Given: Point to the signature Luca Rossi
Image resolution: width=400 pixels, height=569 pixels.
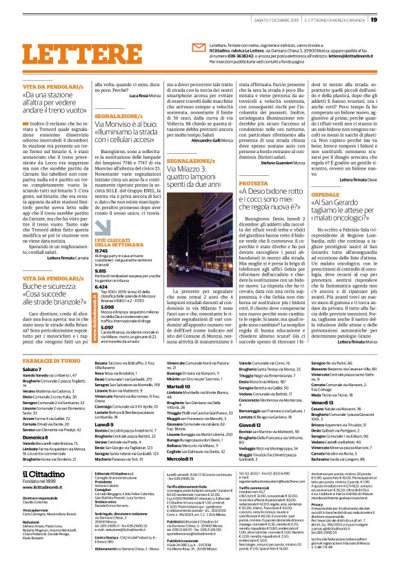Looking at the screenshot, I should pos(140,97).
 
